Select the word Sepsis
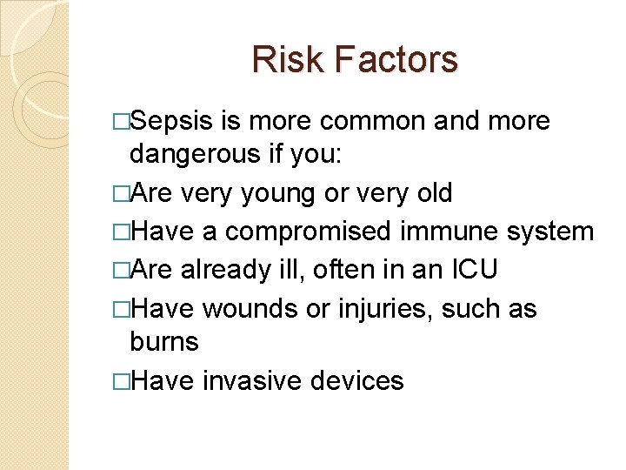pos(172,121)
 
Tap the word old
pos(431,193)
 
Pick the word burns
pos(163,342)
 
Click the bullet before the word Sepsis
pos(121,122)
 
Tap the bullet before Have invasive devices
pos(121,381)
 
